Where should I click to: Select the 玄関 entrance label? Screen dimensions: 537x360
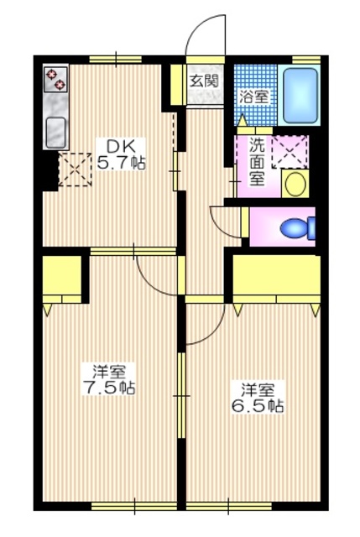tap(204, 81)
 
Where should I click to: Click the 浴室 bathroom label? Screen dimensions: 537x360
tap(254, 96)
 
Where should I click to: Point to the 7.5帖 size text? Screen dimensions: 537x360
tap(110, 388)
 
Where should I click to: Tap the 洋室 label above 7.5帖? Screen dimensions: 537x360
tap(109, 371)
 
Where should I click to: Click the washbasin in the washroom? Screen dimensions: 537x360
tap(295, 183)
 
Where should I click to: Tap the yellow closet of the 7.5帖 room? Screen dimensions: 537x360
tap(60, 278)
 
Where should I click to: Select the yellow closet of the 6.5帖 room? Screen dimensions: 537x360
tap(276, 278)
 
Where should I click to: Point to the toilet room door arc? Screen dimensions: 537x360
tap(223, 221)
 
